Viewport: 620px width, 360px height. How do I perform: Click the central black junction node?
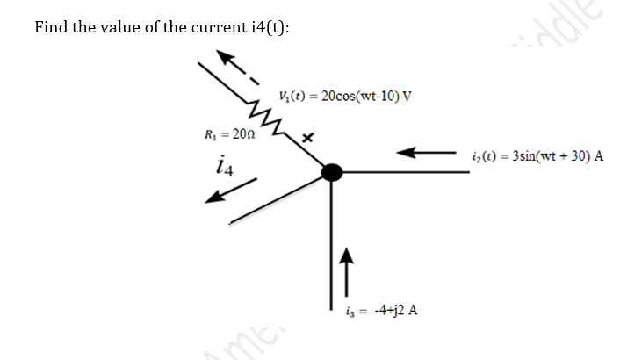click(x=331, y=172)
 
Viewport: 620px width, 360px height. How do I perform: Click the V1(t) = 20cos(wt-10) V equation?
click(x=343, y=96)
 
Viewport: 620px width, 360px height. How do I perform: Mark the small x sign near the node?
click(x=307, y=139)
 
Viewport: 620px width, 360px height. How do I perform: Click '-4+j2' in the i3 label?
click(x=382, y=310)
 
